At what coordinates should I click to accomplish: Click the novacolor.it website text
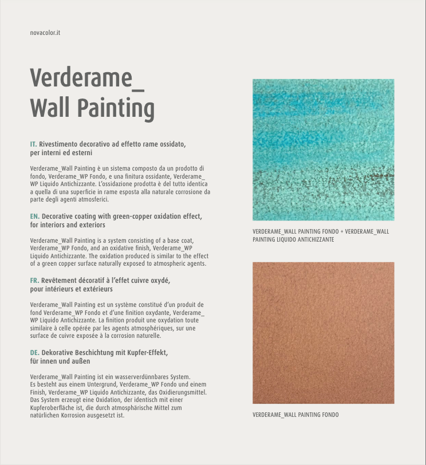coord(45,33)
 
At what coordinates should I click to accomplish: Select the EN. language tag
coord(34,216)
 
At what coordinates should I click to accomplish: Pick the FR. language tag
coord(34,281)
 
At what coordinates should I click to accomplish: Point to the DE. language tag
coord(34,353)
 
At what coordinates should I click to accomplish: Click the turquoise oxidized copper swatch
coord(323,149)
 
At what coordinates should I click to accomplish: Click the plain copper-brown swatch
coord(323,333)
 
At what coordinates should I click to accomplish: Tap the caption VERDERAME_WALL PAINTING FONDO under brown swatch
coord(295,415)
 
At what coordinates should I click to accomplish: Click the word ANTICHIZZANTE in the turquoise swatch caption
coord(315,239)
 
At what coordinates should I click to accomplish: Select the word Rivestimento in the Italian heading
coord(58,144)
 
